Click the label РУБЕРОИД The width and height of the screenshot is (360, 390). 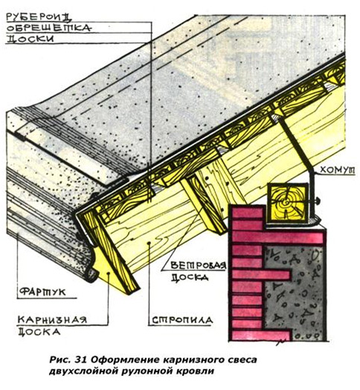tap(39, 17)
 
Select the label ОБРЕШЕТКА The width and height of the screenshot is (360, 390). tap(49, 28)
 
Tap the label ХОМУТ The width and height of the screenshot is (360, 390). tap(338, 170)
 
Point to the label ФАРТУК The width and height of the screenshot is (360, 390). tap(42, 292)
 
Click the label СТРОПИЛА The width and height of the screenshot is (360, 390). tap(182, 320)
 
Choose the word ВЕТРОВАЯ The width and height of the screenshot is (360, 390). tap(198, 266)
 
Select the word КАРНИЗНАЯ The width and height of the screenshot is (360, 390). tap(53, 319)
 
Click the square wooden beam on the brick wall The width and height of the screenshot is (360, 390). tap(288, 203)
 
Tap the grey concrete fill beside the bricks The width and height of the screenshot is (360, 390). tap(293, 293)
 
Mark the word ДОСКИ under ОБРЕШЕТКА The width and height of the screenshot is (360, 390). tap(30, 39)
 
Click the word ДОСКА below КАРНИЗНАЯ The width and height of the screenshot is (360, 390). tap(39, 331)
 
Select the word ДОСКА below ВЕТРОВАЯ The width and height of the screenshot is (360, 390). tap(190, 277)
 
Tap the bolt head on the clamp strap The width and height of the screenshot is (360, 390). tap(318, 199)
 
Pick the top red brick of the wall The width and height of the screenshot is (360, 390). tap(248, 211)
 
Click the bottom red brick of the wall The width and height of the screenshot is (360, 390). tap(262, 335)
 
